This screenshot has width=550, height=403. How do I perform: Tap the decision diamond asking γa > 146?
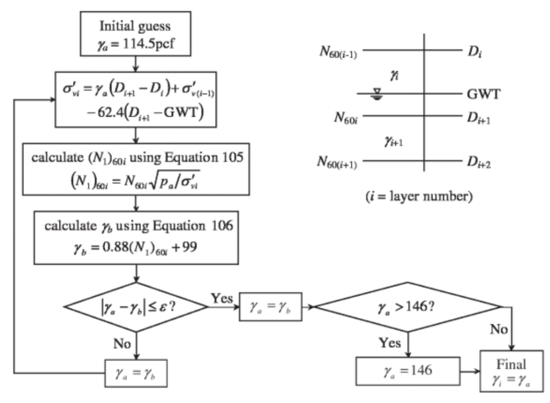click(x=408, y=307)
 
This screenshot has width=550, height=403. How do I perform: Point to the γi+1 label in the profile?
click(x=393, y=140)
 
